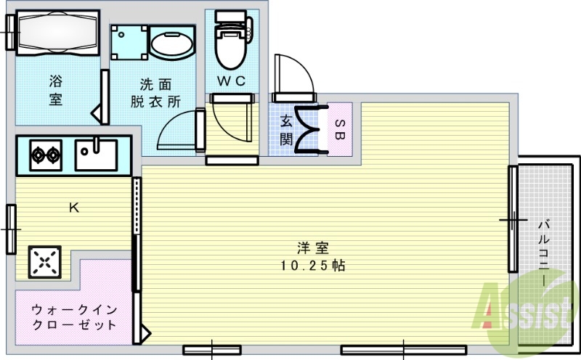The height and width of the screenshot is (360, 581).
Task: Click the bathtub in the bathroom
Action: [x=57, y=32]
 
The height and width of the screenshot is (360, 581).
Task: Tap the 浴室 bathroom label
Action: [x=56, y=90]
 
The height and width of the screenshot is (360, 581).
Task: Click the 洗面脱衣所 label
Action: [x=155, y=93]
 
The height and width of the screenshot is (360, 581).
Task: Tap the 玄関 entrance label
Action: [x=286, y=129]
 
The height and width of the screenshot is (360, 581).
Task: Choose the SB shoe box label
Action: [x=340, y=128]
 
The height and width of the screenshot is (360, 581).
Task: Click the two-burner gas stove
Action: [x=44, y=154]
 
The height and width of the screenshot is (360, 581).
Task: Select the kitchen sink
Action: [x=97, y=154]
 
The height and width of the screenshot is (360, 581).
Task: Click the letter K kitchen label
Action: [x=73, y=208]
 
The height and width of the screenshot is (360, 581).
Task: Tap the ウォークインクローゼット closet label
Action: [x=73, y=317]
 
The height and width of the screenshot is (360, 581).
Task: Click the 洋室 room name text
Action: [x=312, y=247]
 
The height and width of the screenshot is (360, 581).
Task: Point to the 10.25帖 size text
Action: [x=312, y=266]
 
